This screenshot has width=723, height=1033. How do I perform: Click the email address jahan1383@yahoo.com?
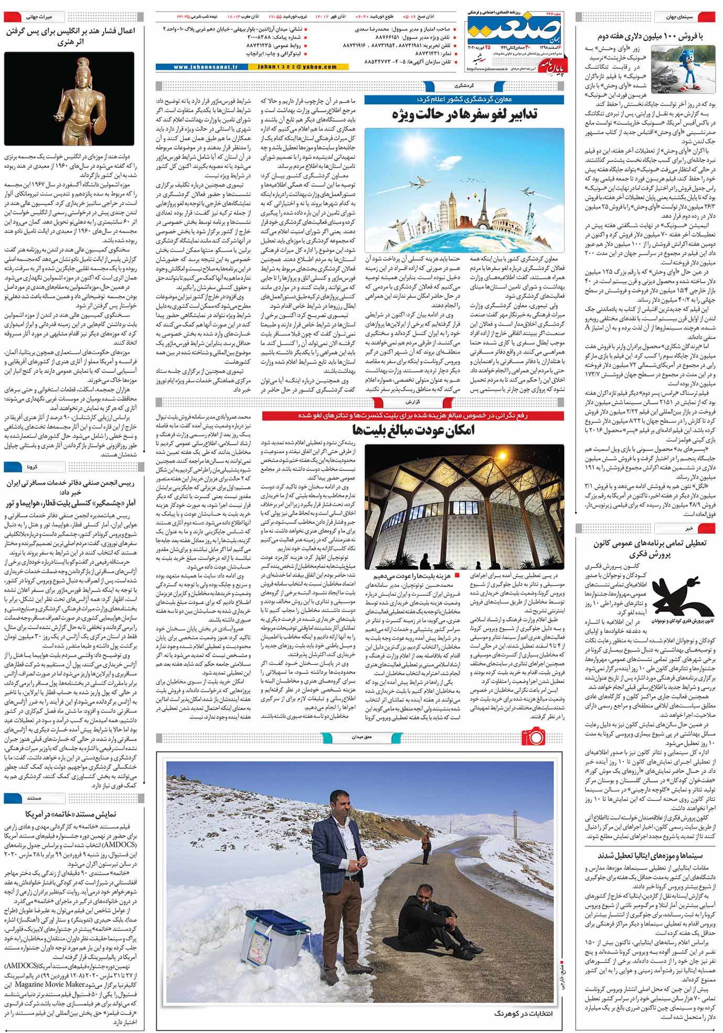click(297, 67)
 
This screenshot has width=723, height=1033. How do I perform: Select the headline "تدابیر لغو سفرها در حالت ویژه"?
click(465, 115)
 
